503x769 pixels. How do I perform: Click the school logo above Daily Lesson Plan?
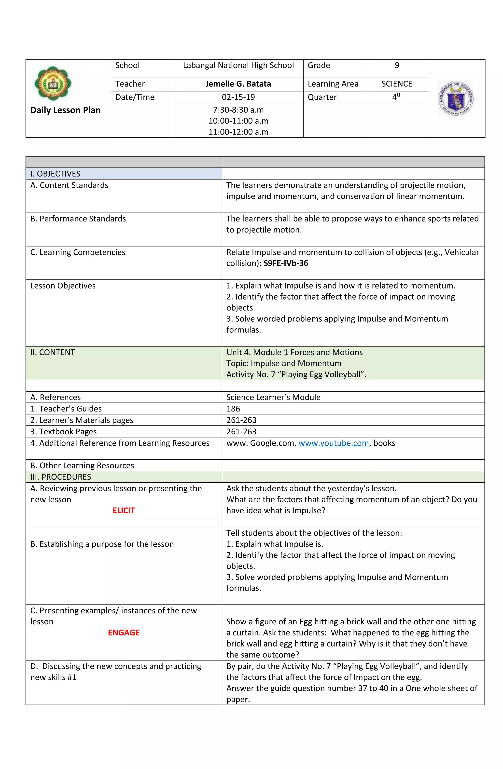[x=53, y=84]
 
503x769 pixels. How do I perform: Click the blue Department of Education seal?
[x=456, y=98]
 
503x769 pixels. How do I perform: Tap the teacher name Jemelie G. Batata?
[x=238, y=84]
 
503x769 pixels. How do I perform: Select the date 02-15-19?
[x=238, y=97]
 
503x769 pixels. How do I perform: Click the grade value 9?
[x=397, y=66]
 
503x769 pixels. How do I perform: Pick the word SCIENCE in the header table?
[x=397, y=84]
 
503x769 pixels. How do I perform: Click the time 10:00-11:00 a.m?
[x=238, y=121]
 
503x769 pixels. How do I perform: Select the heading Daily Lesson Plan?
[x=65, y=110]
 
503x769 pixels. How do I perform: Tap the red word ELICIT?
[x=124, y=510]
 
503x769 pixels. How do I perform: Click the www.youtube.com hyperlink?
[x=333, y=443]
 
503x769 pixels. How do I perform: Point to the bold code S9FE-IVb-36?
[x=286, y=263]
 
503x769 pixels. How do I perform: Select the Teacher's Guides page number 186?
[x=233, y=409]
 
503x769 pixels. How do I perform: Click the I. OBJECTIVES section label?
[x=55, y=174]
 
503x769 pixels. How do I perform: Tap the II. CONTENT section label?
[x=52, y=353]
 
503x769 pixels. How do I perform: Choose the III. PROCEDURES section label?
[x=60, y=477]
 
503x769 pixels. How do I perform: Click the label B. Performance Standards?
[x=78, y=219]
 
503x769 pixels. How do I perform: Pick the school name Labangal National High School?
[x=238, y=66]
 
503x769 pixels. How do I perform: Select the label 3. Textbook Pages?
[x=63, y=432]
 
